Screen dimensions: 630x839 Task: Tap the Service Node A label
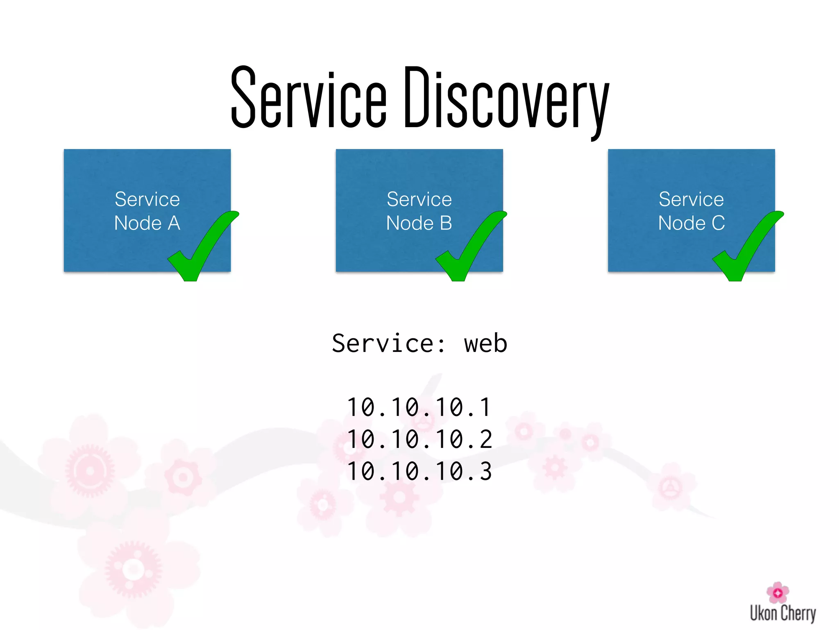pos(147,211)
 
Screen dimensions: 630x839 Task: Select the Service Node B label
pos(419,211)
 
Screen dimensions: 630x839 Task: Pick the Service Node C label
pos(691,211)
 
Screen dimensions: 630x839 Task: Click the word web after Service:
pos(485,343)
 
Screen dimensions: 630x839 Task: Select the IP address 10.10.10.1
pos(419,407)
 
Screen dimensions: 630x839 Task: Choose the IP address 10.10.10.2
pos(419,439)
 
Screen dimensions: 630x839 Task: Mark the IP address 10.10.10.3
pos(419,471)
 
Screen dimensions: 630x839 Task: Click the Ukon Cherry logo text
pos(782,613)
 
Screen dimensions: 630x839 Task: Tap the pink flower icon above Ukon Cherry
pos(778,592)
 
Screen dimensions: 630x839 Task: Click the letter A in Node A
pos(174,223)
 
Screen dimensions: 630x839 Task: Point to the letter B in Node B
pos(446,223)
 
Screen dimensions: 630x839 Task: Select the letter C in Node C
pos(718,223)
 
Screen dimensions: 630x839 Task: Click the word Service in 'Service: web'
pos(383,343)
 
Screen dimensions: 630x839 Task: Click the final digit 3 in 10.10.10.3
pos(485,471)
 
